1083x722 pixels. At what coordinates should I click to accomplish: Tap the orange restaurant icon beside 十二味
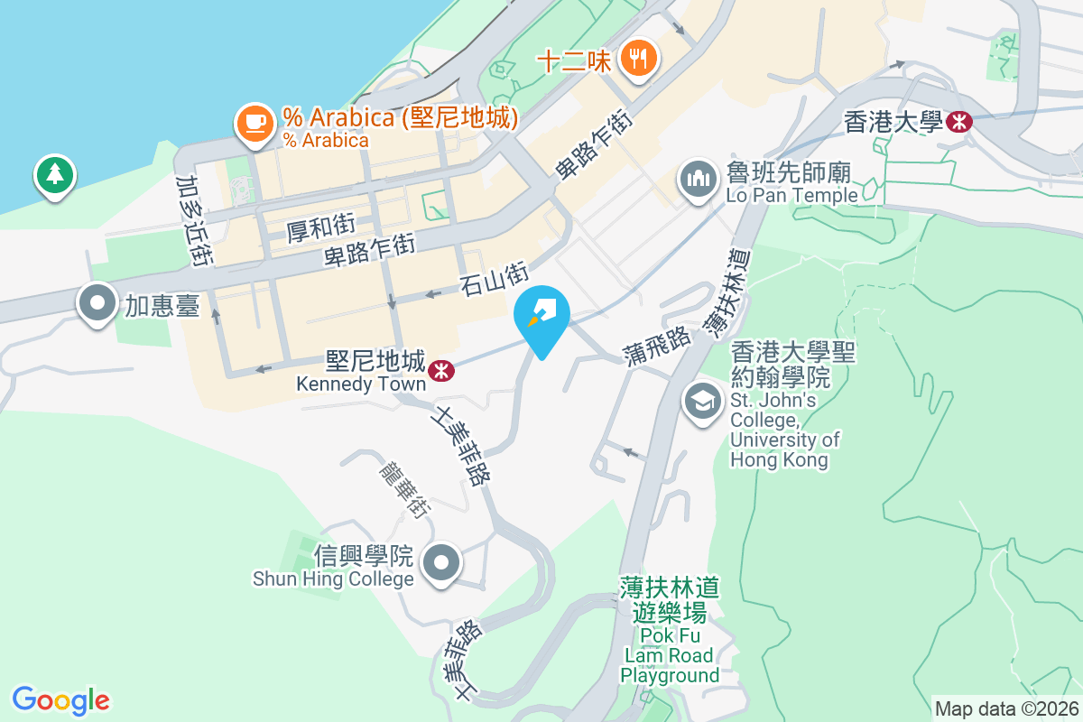(x=640, y=60)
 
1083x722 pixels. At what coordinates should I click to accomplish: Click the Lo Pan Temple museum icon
(x=698, y=180)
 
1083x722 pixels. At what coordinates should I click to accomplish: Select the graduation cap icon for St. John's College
(x=703, y=402)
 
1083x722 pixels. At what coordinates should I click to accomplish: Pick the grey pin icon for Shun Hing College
(x=441, y=564)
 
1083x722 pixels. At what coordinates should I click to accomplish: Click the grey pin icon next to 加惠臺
(x=98, y=304)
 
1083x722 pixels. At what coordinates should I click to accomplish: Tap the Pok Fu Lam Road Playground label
(x=670, y=631)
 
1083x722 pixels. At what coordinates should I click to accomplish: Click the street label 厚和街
(x=320, y=228)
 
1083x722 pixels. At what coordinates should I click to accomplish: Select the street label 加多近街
(x=194, y=220)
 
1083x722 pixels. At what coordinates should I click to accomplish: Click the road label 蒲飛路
(x=656, y=347)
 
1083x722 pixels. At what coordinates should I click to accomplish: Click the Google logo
(x=60, y=700)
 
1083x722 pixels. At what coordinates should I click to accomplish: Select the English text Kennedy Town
(x=361, y=384)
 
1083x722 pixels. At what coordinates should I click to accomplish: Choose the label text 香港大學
(x=893, y=121)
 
